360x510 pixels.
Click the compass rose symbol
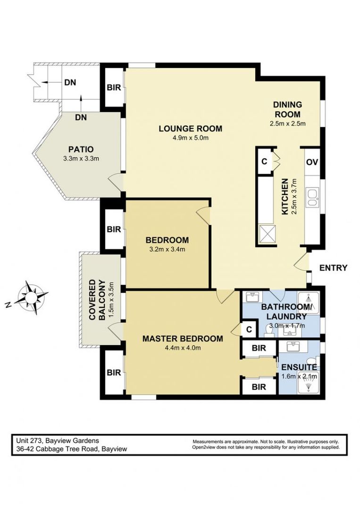point(32,296)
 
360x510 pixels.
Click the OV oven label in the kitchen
point(311,162)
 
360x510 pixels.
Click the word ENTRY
point(333,268)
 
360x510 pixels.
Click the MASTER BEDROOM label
point(182,339)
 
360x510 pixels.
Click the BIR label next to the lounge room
point(114,88)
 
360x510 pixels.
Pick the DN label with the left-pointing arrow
point(69,82)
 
